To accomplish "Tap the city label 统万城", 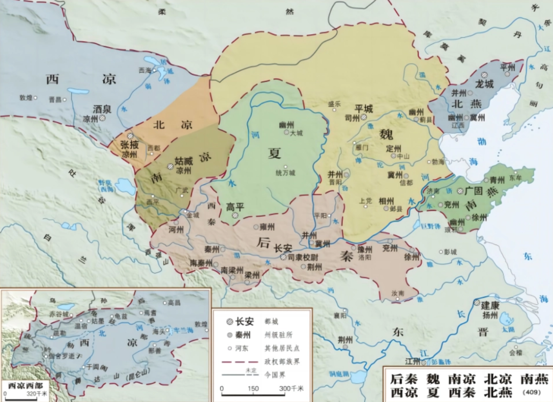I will [x=285, y=173].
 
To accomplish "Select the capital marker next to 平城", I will [x=363, y=117].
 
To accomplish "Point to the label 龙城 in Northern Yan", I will [x=484, y=83].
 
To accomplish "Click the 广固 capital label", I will [x=474, y=191].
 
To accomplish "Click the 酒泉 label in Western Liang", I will [x=102, y=108].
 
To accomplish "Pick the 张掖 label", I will [x=130, y=146].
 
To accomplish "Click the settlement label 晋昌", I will [x=54, y=99].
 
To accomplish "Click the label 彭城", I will [x=450, y=252].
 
